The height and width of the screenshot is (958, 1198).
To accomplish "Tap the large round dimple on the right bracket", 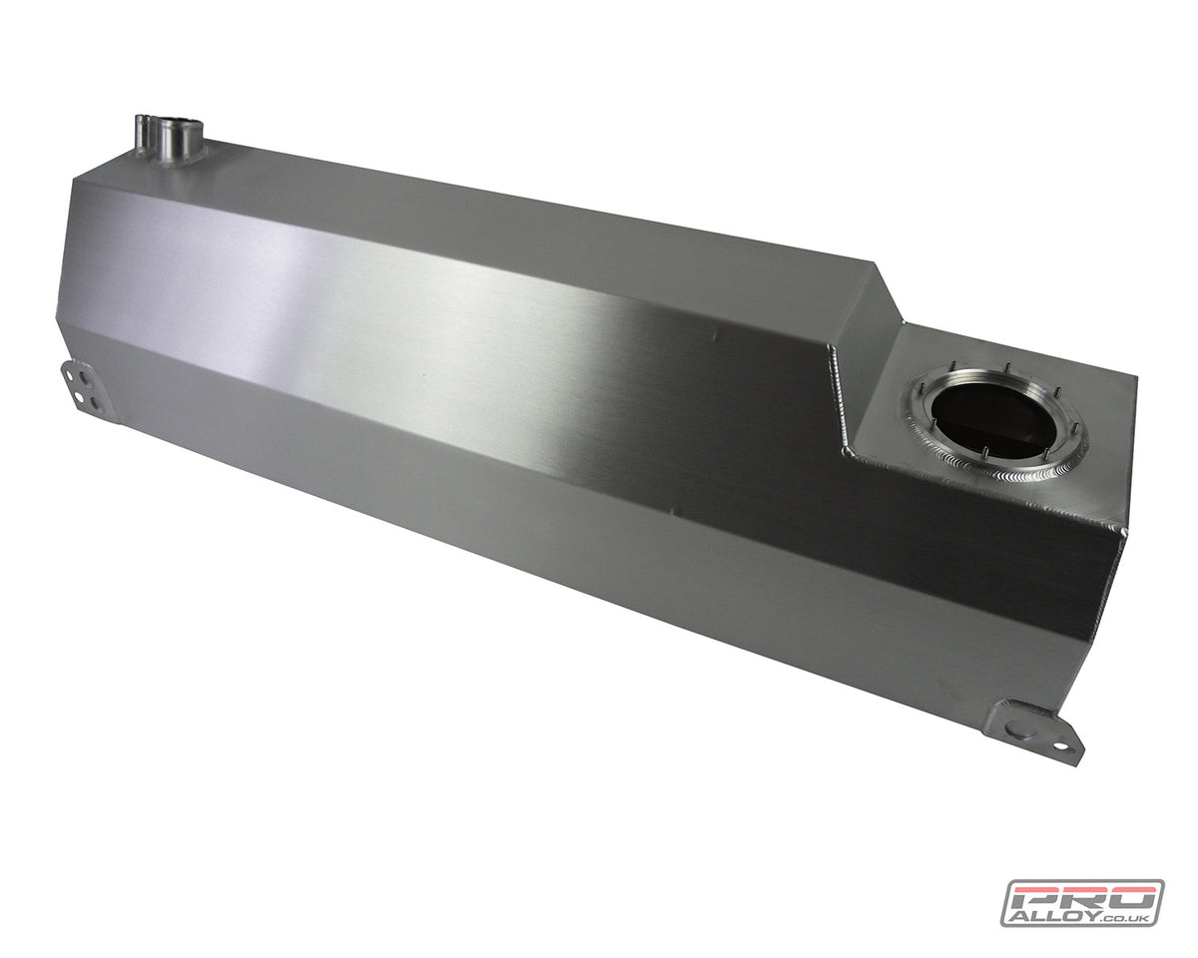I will click(x=1015, y=729).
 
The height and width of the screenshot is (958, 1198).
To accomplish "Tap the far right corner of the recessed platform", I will click(x=1135, y=377).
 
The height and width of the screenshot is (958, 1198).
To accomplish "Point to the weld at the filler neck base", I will click(x=175, y=157).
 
